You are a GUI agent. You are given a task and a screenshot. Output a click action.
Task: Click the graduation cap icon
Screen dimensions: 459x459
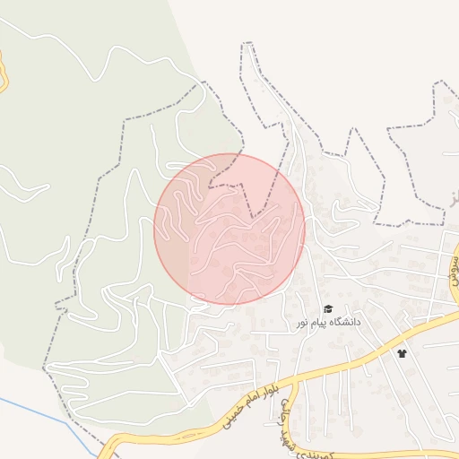click(328, 308)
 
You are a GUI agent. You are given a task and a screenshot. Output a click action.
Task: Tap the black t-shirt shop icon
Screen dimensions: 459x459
click(402, 353)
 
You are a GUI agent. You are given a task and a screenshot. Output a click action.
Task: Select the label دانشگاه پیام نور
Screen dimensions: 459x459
click(329, 321)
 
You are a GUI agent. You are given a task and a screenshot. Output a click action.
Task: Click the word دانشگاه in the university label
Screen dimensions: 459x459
click(345, 321)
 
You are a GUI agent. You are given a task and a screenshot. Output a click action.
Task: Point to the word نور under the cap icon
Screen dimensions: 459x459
click(303, 322)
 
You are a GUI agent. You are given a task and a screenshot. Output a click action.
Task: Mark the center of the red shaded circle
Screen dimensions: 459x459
click(229, 229)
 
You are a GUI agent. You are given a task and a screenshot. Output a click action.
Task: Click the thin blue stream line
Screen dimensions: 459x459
click(27, 408)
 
